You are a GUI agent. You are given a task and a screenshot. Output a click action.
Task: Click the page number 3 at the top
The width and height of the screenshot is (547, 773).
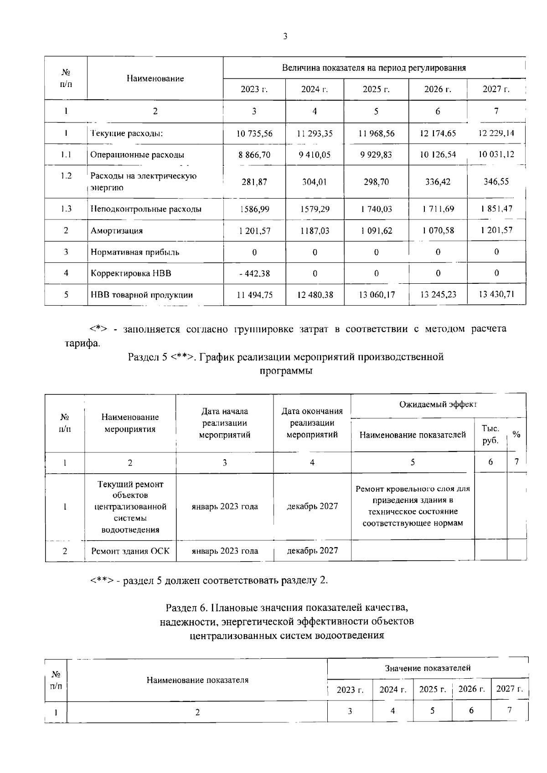tap(285, 37)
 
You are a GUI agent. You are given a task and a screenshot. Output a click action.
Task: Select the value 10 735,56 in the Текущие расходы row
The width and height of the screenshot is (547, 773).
tap(254, 133)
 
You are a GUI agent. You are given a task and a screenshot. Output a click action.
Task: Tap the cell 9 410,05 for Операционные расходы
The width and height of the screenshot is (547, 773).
tap(315, 155)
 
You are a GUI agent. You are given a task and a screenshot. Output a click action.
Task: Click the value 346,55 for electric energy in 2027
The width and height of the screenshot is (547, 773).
tap(496, 181)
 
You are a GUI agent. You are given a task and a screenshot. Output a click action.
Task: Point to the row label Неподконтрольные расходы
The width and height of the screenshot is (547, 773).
tap(146, 209)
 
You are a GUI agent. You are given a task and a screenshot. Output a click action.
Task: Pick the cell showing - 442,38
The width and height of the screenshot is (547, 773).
tap(254, 274)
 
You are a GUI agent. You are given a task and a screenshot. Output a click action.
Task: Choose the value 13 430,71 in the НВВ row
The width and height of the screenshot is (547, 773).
tap(496, 294)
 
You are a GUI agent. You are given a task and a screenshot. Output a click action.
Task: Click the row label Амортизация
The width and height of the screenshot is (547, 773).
tap(117, 230)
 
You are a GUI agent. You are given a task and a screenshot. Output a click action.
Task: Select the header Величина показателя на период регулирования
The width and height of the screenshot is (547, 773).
tap(374, 68)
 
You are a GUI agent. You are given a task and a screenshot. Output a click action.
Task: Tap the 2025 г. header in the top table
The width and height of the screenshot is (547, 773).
tap(376, 89)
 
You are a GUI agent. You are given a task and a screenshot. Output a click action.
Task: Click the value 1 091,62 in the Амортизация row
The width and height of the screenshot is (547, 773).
tap(376, 230)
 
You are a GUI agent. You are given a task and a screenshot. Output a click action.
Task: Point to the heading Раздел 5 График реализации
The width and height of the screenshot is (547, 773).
tap(286, 357)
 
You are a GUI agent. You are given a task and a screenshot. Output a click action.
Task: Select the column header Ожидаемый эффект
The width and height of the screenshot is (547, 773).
tap(438, 404)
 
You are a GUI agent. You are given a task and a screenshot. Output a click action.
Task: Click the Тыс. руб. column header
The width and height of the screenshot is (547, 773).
tap(490, 435)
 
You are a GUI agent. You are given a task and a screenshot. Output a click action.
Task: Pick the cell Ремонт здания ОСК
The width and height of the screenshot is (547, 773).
tap(130, 551)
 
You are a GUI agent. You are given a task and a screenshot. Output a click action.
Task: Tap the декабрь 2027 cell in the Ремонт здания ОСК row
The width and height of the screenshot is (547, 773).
tap(312, 550)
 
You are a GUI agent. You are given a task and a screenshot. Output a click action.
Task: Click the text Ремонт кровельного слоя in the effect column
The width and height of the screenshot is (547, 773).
tap(413, 489)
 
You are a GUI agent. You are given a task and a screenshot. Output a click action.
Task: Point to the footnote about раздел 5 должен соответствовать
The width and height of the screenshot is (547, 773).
tap(209, 580)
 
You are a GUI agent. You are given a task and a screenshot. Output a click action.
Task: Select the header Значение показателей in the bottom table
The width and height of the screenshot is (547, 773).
tap(428, 668)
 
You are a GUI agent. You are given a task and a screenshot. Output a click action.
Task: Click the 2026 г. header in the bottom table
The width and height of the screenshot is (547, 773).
tap(471, 689)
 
